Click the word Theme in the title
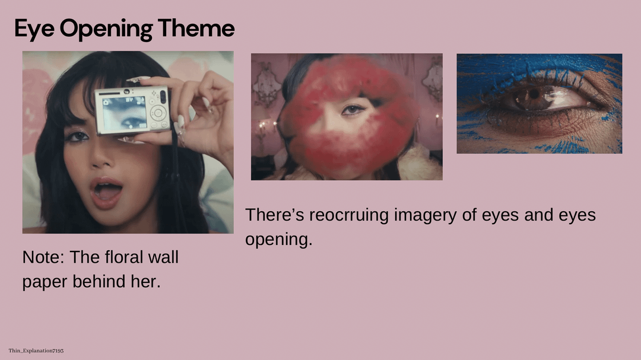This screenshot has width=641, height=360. [196, 28]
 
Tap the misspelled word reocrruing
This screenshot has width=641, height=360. [349, 215]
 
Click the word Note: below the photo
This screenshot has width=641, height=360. [43, 257]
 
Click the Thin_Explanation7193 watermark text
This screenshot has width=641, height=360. [36, 351]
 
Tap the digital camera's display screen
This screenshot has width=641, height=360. [124, 112]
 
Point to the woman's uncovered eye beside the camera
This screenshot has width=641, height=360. [77, 136]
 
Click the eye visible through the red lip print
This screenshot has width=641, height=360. [351, 110]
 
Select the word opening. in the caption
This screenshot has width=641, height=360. [278, 240]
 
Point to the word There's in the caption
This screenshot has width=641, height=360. [275, 215]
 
